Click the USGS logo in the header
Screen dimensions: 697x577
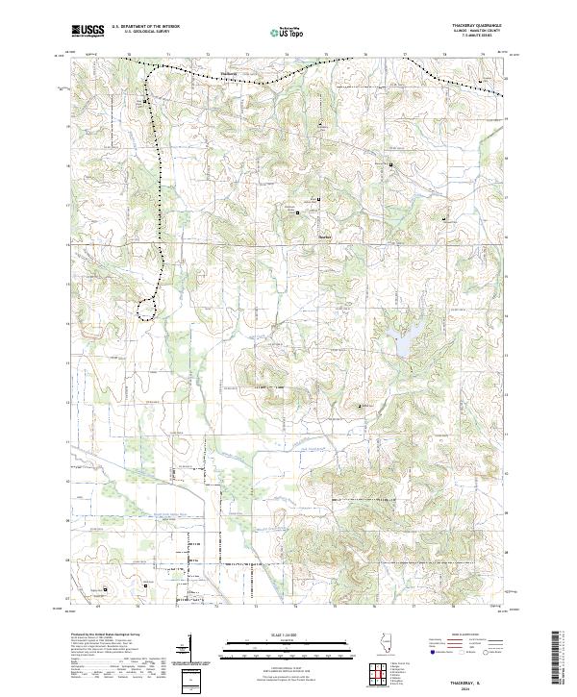coord(88,31)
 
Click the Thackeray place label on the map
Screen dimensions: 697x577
coord(228,74)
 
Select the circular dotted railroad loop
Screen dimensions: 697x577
coord(146,308)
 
